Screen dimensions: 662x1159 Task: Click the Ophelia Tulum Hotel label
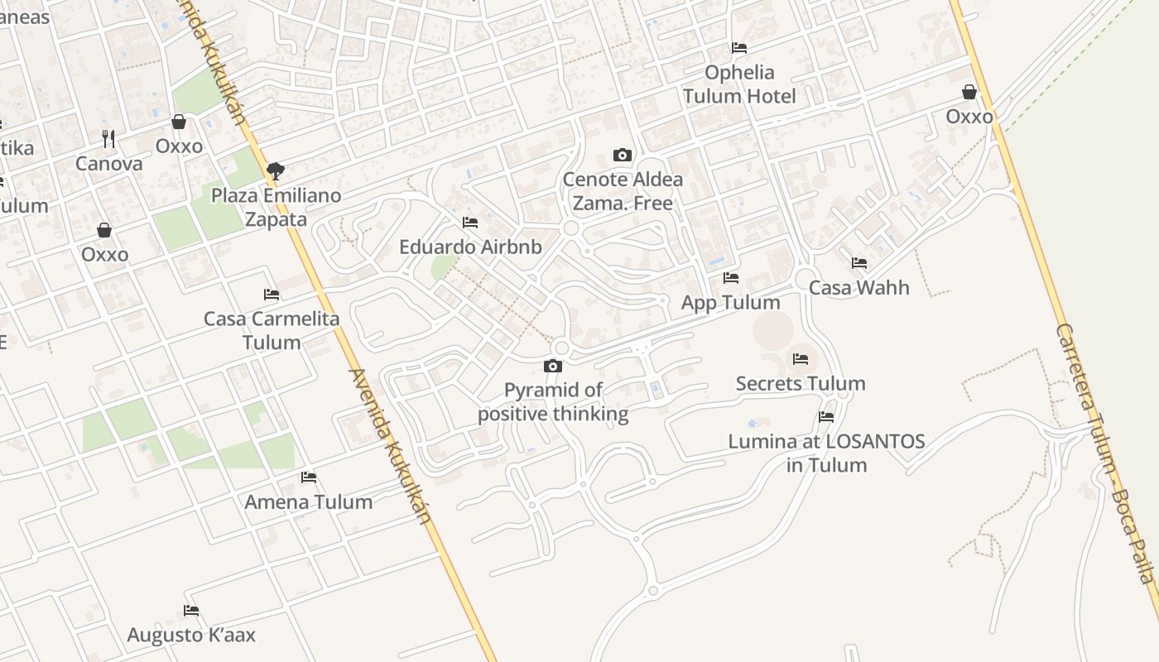(x=739, y=84)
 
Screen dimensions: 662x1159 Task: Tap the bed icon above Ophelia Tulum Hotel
(x=739, y=48)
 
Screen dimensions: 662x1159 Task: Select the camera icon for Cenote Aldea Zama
(x=622, y=155)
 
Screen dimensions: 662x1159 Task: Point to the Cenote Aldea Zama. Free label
(x=623, y=191)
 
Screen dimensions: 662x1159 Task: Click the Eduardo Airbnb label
(x=470, y=247)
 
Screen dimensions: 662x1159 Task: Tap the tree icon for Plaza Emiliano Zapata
(x=276, y=171)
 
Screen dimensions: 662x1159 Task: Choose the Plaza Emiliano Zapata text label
(x=276, y=208)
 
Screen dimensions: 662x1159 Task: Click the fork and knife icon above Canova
(x=108, y=138)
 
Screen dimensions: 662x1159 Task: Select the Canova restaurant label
(x=108, y=164)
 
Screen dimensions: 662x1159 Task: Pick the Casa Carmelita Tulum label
(x=272, y=330)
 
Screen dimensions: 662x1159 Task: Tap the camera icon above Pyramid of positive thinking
(x=552, y=366)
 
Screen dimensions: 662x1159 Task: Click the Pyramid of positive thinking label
(x=553, y=402)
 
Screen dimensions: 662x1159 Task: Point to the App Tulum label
(x=730, y=303)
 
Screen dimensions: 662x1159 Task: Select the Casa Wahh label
(x=858, y=288)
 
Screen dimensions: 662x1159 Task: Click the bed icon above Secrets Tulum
(x=800, y=359)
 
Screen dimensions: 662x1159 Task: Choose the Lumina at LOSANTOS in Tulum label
(x=826, y=453)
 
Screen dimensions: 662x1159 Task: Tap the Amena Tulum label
(x=309, y=502)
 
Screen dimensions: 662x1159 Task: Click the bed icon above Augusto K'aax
(x=191, y=611)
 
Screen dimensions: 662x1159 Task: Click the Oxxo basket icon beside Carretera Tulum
(x=969, y=92)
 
